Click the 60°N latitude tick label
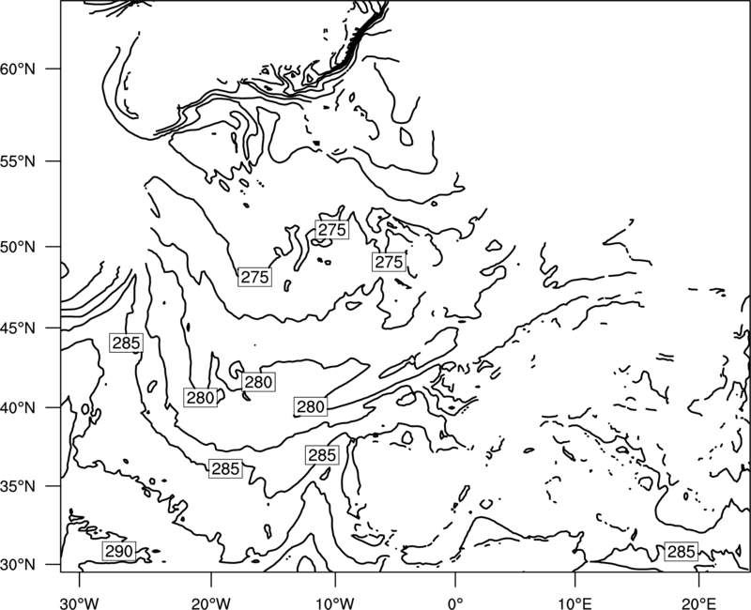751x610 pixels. [18, 69]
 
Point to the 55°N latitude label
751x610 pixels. [18, 161]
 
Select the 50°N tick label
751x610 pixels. [18, 247]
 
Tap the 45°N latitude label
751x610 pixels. [18, 328]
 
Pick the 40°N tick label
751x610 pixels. [18, 408]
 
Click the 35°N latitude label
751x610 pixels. [18, 486]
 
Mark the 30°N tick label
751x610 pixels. [18, 565]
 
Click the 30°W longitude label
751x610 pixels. [79, 602]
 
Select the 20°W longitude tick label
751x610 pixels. [211, 602]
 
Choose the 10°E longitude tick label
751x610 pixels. [575, 602]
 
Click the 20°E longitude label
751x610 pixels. [698, 602]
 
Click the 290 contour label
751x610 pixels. [119, 551]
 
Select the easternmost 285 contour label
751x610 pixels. [681, 552]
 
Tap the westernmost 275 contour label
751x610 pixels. [254, 277]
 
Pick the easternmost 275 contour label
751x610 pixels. [389, 262]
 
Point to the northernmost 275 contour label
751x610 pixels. [332, 230]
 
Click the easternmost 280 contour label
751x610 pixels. [311, 406]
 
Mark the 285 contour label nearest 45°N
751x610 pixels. [127, 343]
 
